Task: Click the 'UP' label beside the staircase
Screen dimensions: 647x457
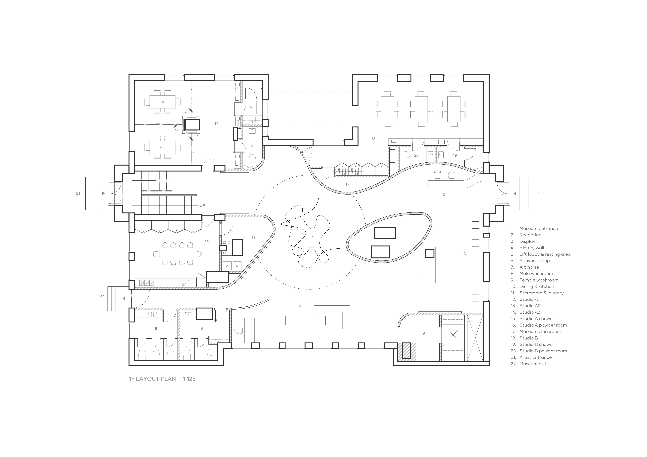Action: click(x=202, y=205)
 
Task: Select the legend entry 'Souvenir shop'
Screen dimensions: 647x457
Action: click(x=535, y=261)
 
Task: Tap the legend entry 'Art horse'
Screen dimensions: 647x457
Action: click(x=529, y=267)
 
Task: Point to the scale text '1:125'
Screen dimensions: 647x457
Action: click(x=189, y=379)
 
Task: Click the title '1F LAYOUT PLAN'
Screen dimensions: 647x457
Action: click(x=152, y=379)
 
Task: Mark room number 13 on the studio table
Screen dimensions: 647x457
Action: click(x=162, y=102)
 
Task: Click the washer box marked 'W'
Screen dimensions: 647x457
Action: click(x=227, y=266)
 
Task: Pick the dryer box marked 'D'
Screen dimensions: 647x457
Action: click(x=237, y=266)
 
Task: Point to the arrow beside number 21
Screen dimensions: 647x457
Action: click(x=103, y=193)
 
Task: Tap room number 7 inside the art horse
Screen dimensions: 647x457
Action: click(x=312, y=237)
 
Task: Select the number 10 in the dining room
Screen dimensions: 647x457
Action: click(x=207, y=241)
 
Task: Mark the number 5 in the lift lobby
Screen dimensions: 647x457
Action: click(x=424, y=334)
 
